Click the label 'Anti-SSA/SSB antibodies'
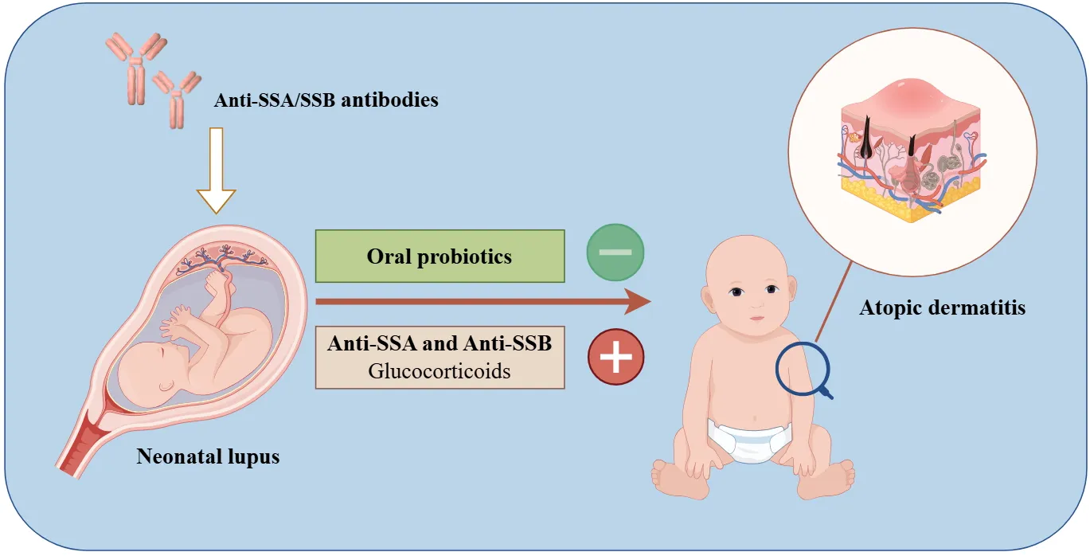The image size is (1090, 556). click(x=326, y=100)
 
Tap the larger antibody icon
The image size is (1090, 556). click(x=136, y=69)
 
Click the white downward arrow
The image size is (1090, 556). click(x=216, y=170)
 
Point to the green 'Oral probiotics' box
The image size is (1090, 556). click(x=440, y=256)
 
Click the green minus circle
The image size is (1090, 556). click(x=615, y=253)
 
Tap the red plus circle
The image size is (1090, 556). click(x=615, y=357)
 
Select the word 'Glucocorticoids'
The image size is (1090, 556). click(x=440, y=371)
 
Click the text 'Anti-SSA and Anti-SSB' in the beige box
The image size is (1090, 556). click(x=440, y=343)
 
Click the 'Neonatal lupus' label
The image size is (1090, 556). click(x=208, y=456)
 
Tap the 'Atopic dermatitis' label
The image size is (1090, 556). click(x=942, y=307)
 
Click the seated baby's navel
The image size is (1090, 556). click(x=754, y=417)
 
